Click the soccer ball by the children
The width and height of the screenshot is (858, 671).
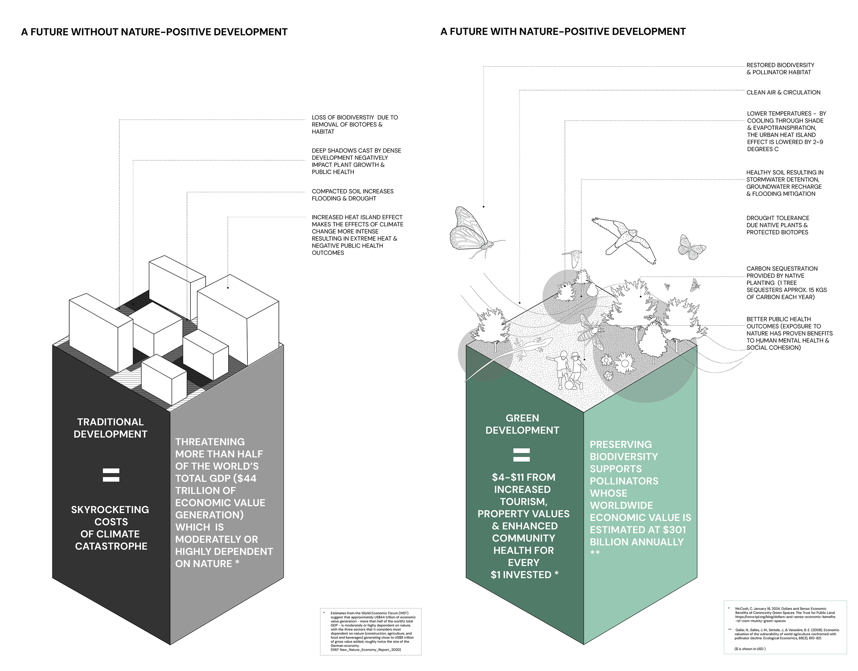(569, 385)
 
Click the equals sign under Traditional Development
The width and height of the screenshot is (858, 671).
(111, 475)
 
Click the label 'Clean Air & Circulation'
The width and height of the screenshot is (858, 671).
(783, 92)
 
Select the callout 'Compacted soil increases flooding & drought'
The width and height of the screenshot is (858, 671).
(352, 195)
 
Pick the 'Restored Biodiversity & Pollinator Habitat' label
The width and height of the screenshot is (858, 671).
(780, 69)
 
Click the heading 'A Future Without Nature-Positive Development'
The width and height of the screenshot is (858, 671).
(154, 32)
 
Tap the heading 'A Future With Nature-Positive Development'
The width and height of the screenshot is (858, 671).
(563, 32)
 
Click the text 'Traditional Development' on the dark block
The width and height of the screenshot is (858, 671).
(111, 428)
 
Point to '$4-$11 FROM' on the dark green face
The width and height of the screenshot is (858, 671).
(523, 477)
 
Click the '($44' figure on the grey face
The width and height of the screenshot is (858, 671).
(244, 478)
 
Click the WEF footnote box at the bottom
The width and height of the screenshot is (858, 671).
(370, 632)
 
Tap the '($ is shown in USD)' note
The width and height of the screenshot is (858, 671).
(750, 649)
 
